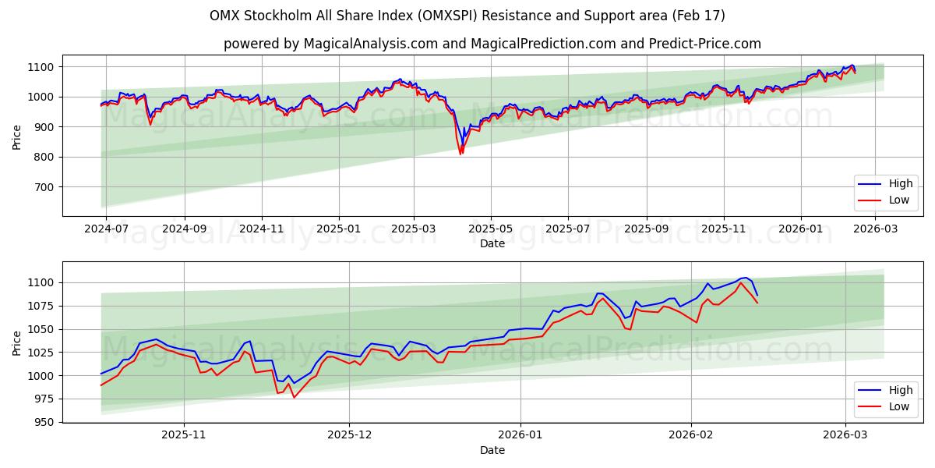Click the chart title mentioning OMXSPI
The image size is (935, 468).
click(x=467, y=16)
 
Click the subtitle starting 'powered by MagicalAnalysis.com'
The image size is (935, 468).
click(x=492, y=44)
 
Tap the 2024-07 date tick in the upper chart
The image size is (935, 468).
click(x=105, y=229)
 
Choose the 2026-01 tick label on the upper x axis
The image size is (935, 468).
click(x=800, y=229)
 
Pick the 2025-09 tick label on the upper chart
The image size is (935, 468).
click(x=647, y=229)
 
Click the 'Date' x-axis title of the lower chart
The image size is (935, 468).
click(x=492, y=450)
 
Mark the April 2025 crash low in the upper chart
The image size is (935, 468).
click(x=460, y=154)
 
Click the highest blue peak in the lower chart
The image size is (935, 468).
click(x=744, y=278)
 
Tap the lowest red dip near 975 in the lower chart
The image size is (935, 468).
click(x=294, y=397)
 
